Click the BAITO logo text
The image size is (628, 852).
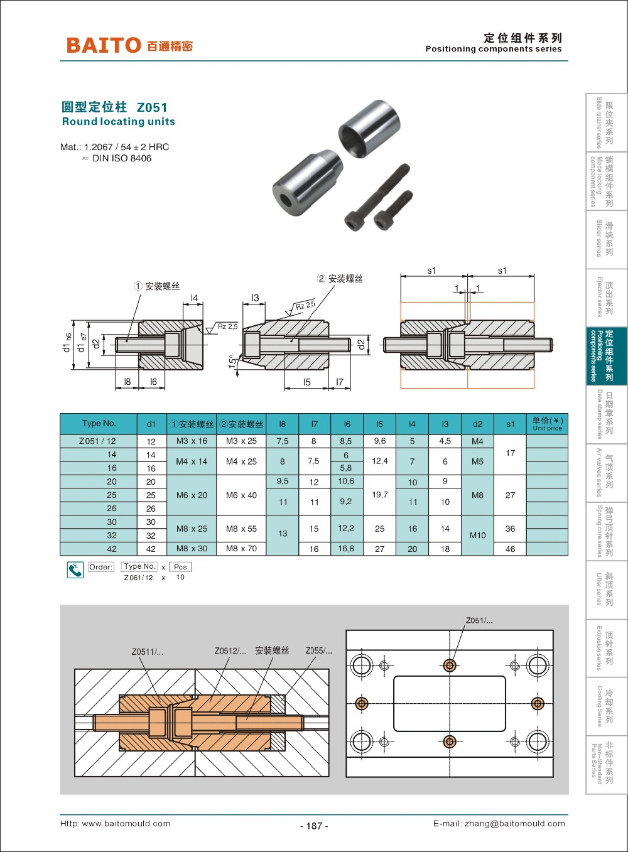pos(104,45)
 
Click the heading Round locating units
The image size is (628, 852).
pos(118,122)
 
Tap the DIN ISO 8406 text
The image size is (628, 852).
pos(122,158)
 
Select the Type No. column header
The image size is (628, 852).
pos(99,424)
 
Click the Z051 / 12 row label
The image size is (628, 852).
pos(97,441)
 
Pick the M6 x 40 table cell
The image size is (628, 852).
pos(241,495)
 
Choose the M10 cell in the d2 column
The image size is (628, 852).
pos(477,535)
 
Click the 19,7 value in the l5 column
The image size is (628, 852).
pos(379,495)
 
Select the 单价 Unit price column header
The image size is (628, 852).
pos(547,424)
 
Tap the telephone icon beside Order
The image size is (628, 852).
pos(75,570)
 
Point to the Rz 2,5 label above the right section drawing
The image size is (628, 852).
pos(306,306)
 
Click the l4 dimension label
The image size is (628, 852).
pos(194,298)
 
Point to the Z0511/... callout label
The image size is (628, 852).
pos(147,652)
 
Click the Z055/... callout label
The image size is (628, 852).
pos(318,650)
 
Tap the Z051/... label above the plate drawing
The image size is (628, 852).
pos(479,620)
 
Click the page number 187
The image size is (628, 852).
pos(314,826)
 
